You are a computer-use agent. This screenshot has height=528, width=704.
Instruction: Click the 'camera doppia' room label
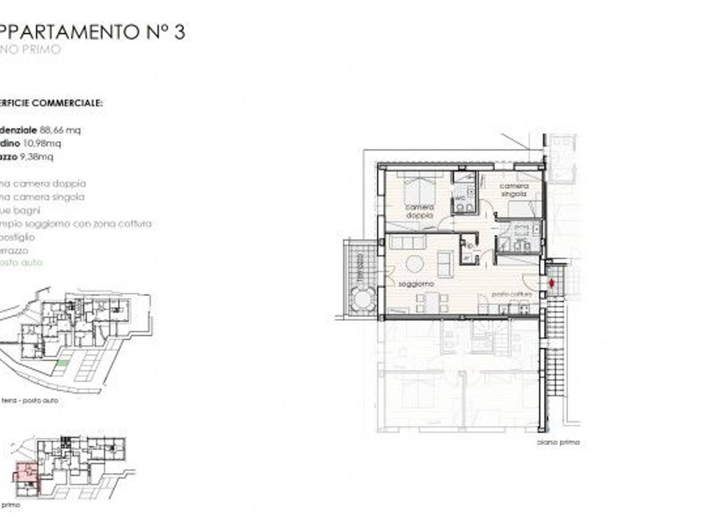point(420,211)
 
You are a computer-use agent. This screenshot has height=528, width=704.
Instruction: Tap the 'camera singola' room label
point(513,190)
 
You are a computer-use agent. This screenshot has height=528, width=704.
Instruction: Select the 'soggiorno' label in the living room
point(416,284)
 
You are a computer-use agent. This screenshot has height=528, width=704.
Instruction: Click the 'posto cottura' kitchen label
point(512,294)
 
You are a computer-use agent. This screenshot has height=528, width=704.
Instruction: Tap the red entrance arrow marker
point(552,283)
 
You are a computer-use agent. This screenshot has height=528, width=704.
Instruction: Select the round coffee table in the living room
point(415,264)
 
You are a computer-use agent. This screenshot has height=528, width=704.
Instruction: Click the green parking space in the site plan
point(63,363)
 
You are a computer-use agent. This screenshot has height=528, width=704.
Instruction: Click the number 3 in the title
point(179,32)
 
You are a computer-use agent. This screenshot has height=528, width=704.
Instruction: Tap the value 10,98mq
point(42,143)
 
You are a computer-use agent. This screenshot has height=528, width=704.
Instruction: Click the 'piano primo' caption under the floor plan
point(558,442)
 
